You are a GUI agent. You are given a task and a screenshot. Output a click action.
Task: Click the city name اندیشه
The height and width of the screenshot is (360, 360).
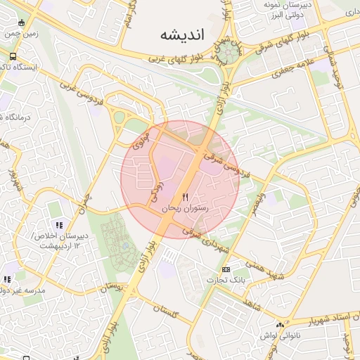pos(181,34)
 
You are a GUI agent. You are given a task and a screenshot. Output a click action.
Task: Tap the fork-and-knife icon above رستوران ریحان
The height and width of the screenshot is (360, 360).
pos(186,197)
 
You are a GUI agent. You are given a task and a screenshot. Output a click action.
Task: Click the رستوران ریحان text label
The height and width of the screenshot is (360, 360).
pos(186,209)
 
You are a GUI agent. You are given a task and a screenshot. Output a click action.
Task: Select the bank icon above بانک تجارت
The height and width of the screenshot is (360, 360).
pos(226,270)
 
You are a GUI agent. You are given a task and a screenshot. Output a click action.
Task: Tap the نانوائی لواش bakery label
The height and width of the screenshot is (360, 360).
pos(280,337)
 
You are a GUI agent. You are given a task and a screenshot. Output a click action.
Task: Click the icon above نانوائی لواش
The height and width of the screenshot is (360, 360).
pos(281,326)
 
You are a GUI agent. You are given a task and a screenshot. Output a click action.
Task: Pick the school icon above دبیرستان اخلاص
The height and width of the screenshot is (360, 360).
pos(59,225)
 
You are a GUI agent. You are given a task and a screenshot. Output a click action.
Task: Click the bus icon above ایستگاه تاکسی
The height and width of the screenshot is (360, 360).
pos(13,56)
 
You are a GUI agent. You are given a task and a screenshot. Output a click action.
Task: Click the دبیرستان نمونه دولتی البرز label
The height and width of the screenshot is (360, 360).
pos(281,9)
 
